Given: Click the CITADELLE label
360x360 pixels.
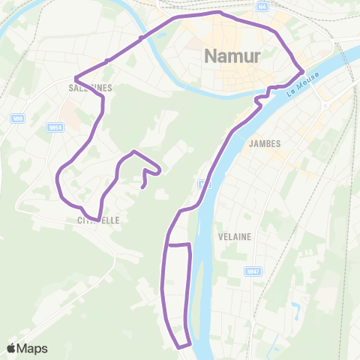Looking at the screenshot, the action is point(97,221).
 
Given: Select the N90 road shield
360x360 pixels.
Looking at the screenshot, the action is point(17,117).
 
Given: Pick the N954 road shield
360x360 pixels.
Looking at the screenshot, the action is point(54,127).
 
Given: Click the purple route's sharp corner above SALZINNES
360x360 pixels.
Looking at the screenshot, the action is point(76,77).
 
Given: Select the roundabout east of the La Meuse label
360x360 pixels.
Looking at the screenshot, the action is point(324,104).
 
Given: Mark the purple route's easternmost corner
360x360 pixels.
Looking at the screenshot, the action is point(302,71).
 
